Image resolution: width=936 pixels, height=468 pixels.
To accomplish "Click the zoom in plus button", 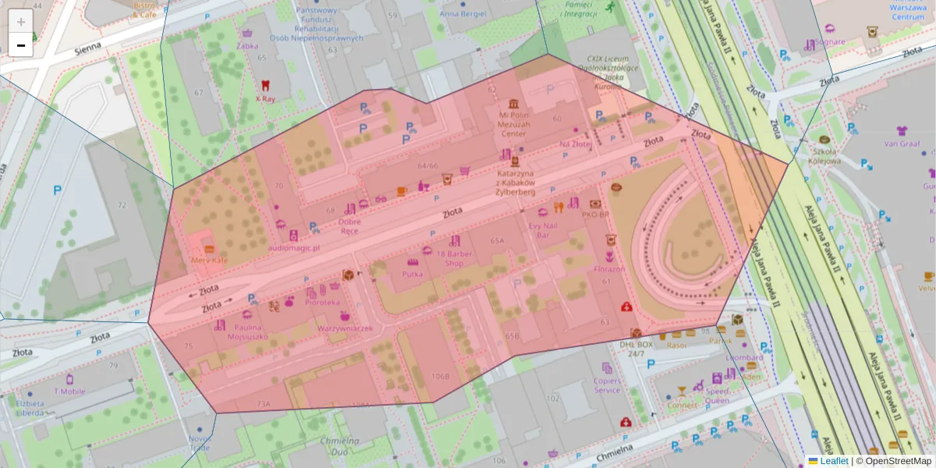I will (x=21, y=22).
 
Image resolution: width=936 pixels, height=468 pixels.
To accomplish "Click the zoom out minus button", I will (x=21, y=45).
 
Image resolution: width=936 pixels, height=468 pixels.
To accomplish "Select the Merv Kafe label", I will (x=209, y=260).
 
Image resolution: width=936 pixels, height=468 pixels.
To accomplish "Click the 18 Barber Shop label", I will (x=455, y=258).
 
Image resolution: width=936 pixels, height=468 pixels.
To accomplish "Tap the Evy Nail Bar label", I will (x=544, y=229).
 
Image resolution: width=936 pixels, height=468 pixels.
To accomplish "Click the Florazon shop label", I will (x=609, y=269).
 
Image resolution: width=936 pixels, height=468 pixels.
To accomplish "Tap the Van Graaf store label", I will (x=902, y=144).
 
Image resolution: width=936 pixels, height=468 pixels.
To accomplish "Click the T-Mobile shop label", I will (x=69, y=391).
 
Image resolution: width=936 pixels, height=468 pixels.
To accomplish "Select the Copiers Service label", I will (x=607, y=385).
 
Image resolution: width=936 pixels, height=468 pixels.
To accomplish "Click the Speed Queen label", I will (x=717, y=395).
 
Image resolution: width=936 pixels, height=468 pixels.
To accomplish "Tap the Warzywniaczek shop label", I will (x=345, y=328).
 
